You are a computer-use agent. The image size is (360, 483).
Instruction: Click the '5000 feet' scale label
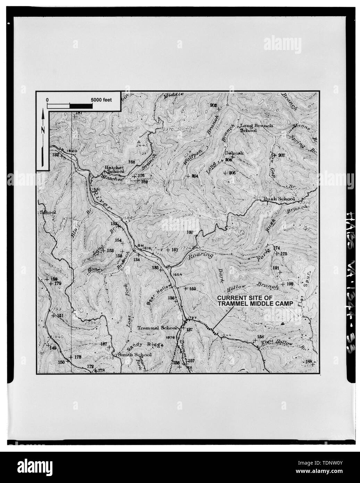tap(101, 99)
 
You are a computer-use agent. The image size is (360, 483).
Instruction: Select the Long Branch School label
tap(256, 128)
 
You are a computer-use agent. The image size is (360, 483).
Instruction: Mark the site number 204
tap(195, 176)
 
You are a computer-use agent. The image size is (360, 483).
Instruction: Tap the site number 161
tap(175, 249)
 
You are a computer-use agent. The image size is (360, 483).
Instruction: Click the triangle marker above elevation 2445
tap(138, 142)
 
